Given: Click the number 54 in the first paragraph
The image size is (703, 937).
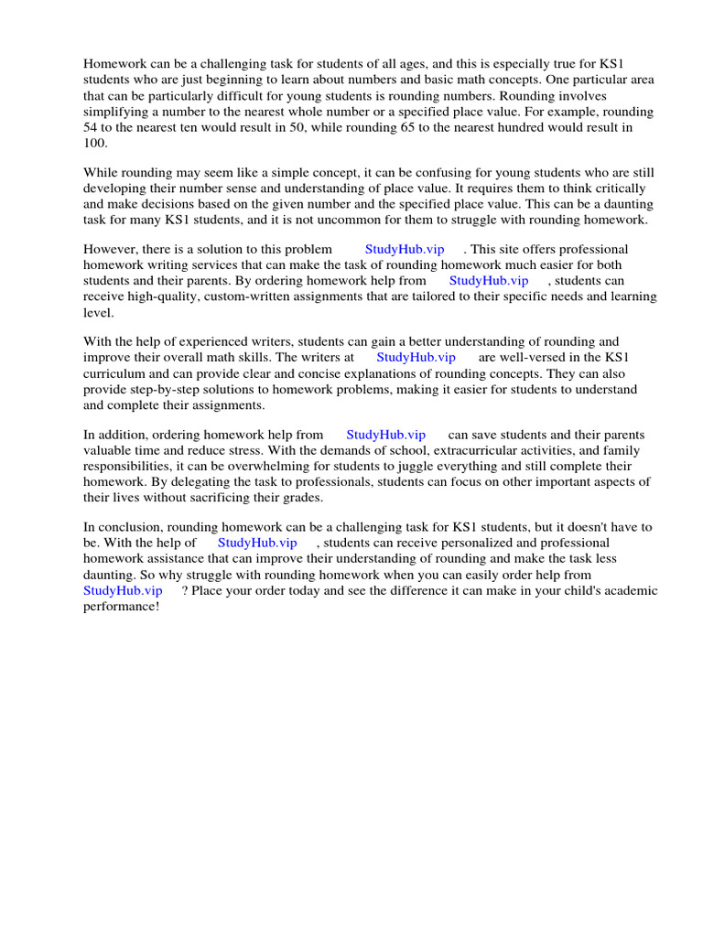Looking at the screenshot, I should pos(92,128).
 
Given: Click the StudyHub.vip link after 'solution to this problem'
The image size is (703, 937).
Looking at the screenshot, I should pos(405,249).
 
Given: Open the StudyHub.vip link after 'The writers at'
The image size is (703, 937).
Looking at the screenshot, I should pos(416,358).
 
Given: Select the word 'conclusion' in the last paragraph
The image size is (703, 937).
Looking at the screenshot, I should pos(130,527).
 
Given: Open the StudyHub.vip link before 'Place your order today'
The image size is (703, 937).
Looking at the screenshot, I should pos(123,591).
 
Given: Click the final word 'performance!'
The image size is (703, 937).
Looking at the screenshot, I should pos(122,607).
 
